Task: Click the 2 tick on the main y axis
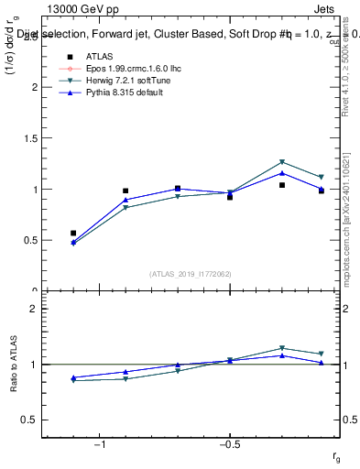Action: point(35,87)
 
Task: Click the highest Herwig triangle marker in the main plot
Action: point(282,162)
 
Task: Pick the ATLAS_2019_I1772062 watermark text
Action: point(191,274)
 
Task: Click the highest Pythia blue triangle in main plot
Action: point(282,172)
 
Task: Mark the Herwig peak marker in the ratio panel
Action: point(282,348)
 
